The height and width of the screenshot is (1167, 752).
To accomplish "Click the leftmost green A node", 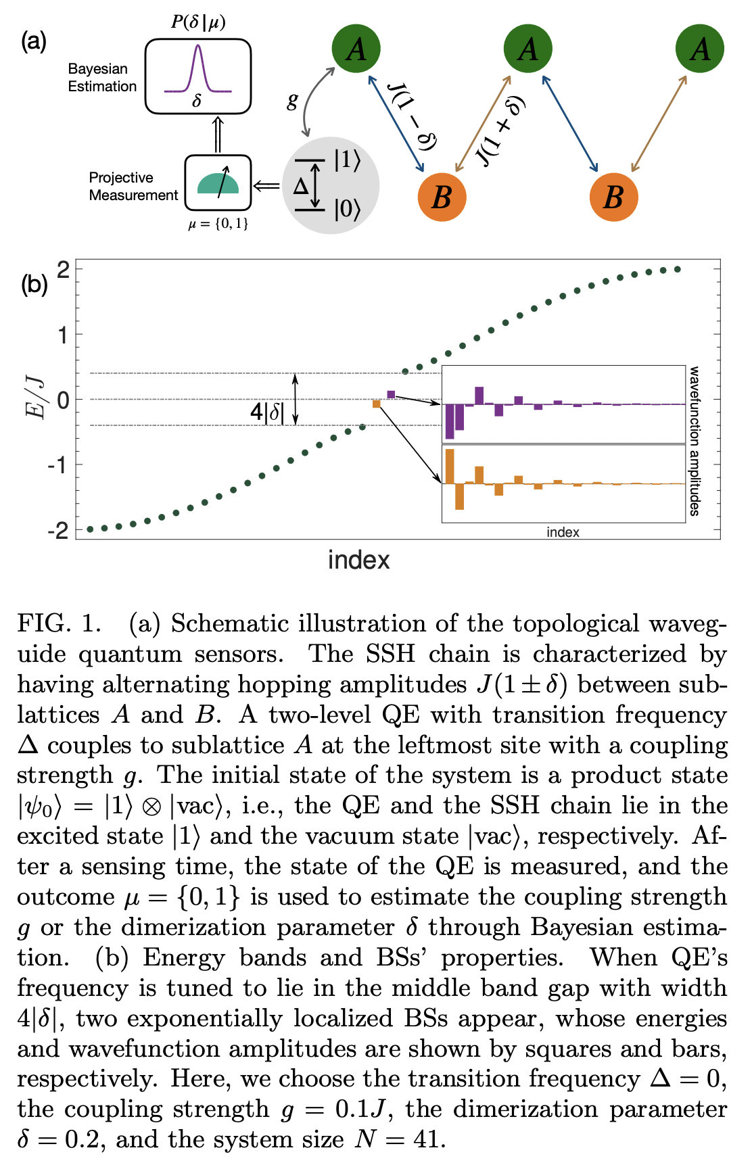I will click(x=356, y=49).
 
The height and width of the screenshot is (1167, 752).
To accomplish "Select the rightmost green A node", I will click(x=700, y=49).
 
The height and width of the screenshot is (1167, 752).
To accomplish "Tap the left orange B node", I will click(x=442, y=197).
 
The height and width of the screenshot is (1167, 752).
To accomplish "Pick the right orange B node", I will click(x=613, y=197).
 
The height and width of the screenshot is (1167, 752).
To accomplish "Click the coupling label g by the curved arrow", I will click(x=292, y=101).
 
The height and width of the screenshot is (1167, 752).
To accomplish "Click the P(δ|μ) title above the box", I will click(x=197, y=22).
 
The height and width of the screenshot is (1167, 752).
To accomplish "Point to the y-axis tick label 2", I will click(x=63, y=270).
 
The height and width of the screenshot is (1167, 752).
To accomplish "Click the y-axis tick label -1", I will click(x=58, y=465).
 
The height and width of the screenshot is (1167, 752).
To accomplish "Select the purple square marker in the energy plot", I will click(x=391, y=394).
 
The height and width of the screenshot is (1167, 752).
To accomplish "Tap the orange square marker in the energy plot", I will click(x=377, y=404).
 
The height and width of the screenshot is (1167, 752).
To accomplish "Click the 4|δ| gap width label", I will click(x=268, y=411).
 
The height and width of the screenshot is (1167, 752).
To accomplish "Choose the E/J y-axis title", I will click(x=35, y=399).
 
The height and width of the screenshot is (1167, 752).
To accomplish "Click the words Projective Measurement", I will click(x=133, y=187).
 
